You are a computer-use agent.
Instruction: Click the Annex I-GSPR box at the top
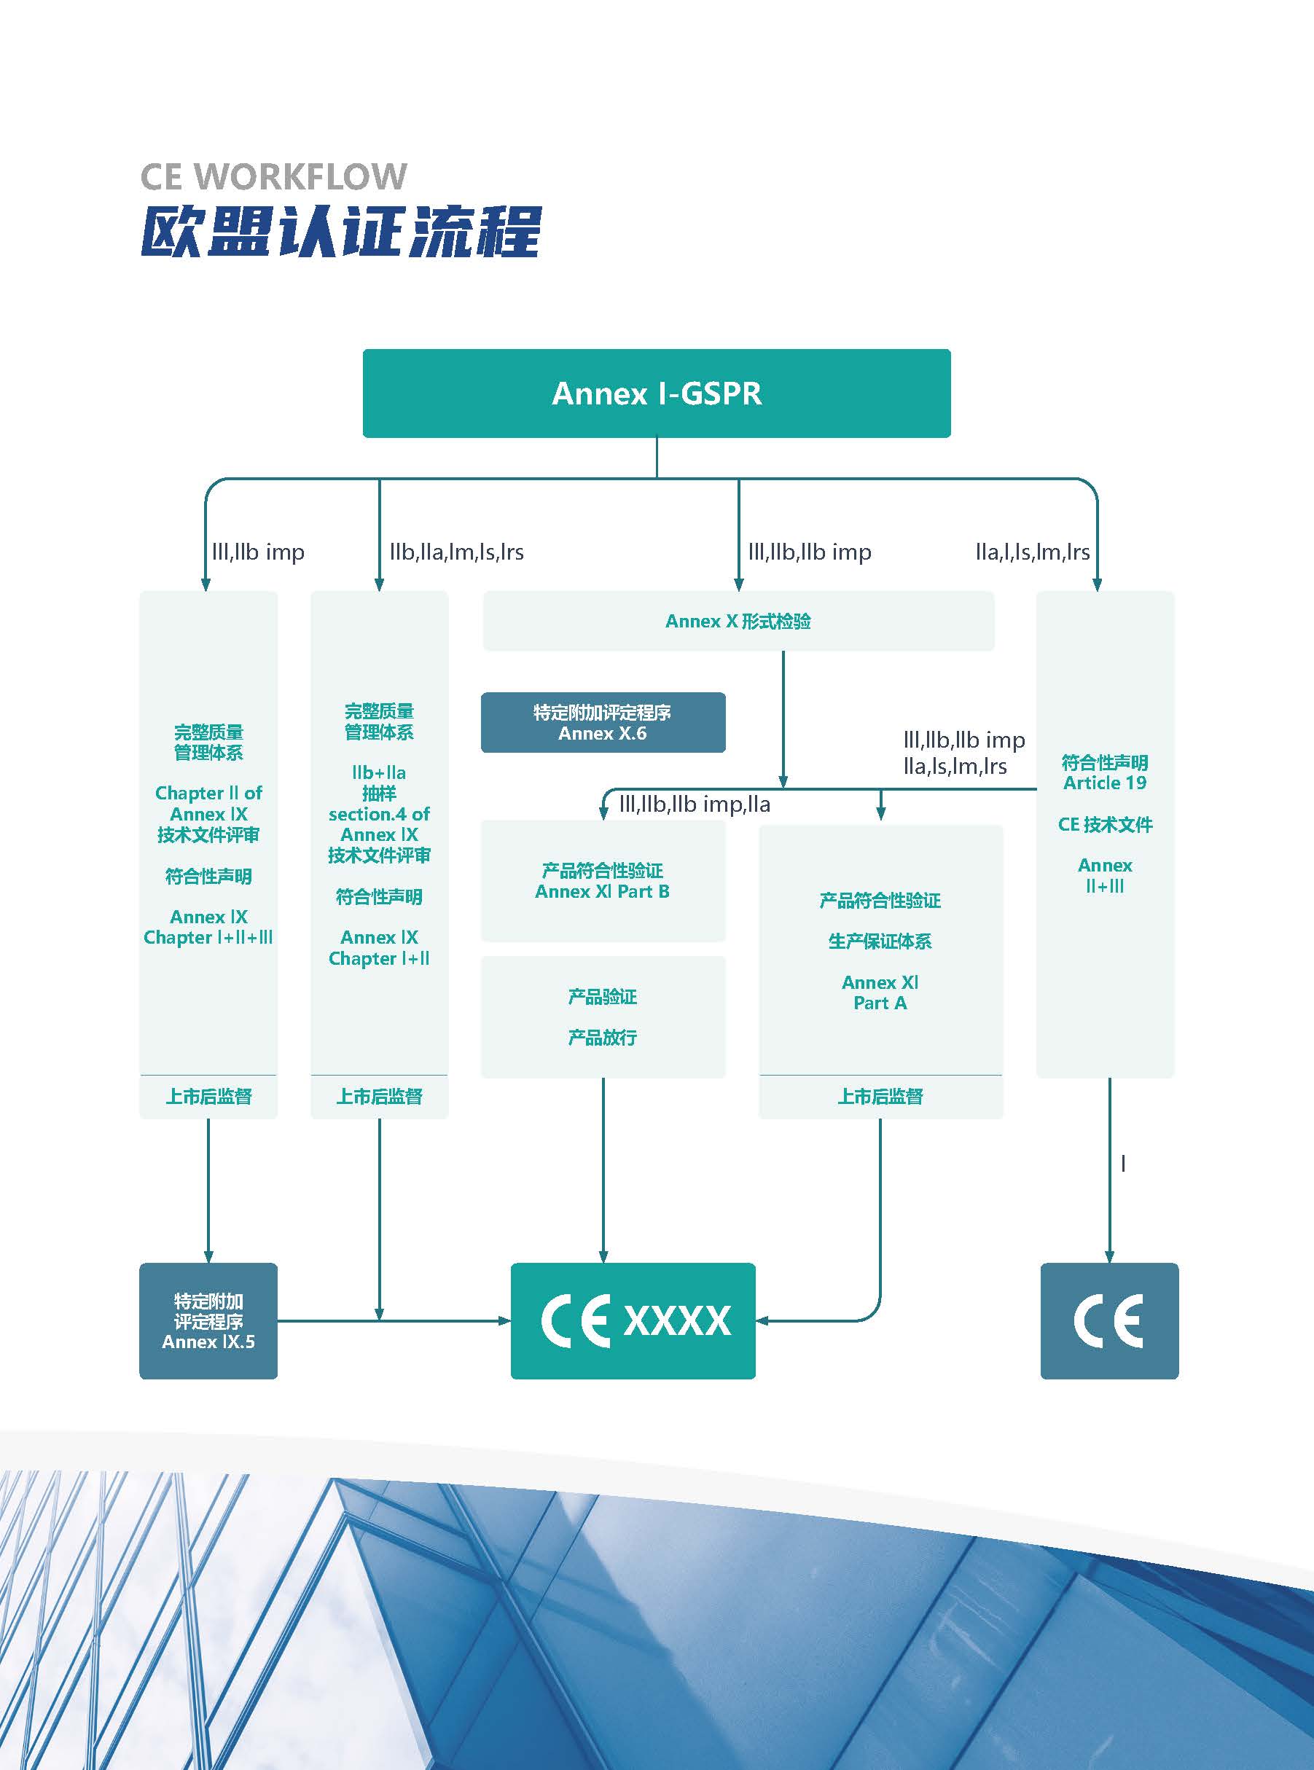656,393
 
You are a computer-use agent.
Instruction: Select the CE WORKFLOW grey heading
273,176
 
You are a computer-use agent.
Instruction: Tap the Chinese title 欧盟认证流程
341,232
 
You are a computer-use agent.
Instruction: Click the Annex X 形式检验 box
738,621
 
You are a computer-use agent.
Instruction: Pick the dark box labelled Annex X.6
603,723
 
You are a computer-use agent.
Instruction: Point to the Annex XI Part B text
602,891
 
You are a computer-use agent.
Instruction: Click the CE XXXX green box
633,1320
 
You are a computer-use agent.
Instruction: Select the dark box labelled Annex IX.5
208,1320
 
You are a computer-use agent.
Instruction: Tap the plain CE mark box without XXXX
1108,1320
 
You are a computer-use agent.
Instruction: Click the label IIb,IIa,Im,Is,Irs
456,552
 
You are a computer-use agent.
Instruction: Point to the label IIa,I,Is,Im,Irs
1033,552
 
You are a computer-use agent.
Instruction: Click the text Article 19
1105,783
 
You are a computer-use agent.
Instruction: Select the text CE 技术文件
1105,825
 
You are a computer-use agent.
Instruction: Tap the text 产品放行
602,1038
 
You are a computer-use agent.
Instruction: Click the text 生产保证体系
880,941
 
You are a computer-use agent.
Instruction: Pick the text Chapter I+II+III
208,938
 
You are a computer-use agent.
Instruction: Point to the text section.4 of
379,814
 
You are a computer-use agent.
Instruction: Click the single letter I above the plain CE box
1123,1164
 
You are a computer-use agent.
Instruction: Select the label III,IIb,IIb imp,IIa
695,804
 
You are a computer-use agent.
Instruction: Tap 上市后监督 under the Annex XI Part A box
880,1097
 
